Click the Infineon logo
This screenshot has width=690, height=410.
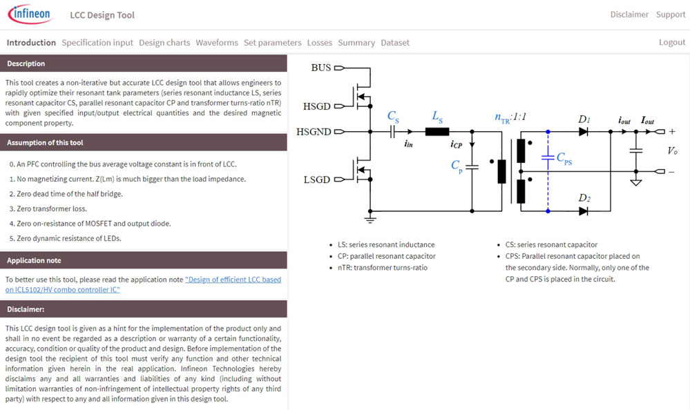point(30,14)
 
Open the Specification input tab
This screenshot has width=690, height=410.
point(97,42)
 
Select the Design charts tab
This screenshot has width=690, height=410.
point(164,42)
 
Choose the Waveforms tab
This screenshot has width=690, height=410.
point(217,42)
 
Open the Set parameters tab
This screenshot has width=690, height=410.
point(273,42)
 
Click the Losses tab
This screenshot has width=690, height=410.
point(320,42)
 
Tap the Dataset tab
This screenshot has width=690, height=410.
point(395,42)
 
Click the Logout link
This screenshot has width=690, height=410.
point(672,42)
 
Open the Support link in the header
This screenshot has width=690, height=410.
point(671,14)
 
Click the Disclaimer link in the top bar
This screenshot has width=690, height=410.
point(629,14)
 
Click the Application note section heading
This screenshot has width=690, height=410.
point(35,260)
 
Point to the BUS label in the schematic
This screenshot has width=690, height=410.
point(321,68)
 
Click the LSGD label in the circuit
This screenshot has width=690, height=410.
point(317,179)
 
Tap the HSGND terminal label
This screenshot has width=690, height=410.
point(314,131)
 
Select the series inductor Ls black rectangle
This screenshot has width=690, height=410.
point(437,131)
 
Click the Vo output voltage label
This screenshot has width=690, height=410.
point(672,150)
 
